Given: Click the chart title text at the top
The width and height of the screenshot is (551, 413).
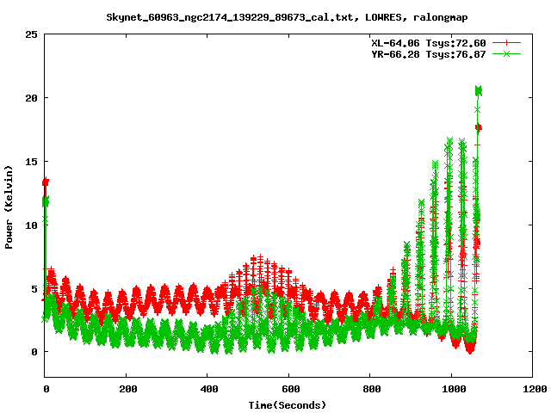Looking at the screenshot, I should coord(275,16).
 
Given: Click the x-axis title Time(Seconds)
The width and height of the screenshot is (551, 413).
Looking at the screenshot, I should coord(287,404).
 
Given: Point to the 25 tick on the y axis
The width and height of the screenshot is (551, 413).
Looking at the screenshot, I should coord(31,34).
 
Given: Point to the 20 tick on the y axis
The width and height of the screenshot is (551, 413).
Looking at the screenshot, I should coord(31,98).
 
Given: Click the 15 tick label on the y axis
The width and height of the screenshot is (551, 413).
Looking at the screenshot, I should coord(31,162).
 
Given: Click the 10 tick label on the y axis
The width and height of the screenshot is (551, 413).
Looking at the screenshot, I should coord(31,225).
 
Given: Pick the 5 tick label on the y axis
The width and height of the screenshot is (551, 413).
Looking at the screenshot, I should coord(34,288).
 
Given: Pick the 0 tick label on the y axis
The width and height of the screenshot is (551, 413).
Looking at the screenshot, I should coord(34,352).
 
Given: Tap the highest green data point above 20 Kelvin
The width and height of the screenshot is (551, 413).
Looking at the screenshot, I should coord(479,90).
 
